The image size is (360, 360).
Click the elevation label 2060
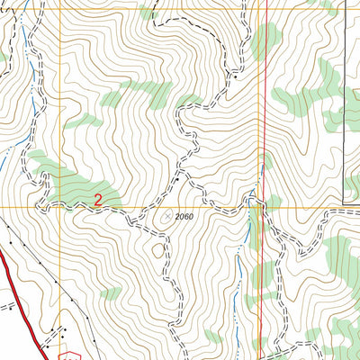[184, 217]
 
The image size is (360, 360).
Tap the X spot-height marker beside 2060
[167, 216]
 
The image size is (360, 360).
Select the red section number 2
[97, 199]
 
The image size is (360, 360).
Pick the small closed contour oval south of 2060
[159, 249]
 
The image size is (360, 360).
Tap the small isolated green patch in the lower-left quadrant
[110, 293]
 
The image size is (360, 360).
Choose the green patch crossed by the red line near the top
[265, 40]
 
